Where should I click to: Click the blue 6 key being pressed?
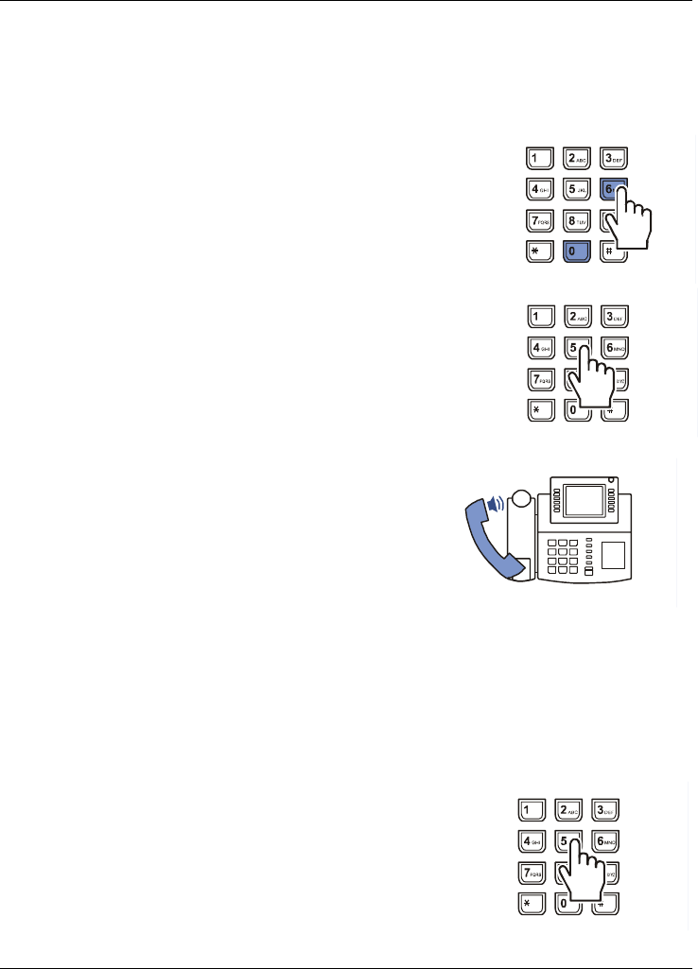click(x=610, y=190)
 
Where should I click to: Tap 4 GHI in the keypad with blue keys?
click(x=539, y=189)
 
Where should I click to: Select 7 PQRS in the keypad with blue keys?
click(x=539, y=220)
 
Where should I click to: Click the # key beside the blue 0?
click(x=612, y=251)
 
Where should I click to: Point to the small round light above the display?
click(x=612, y=479)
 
